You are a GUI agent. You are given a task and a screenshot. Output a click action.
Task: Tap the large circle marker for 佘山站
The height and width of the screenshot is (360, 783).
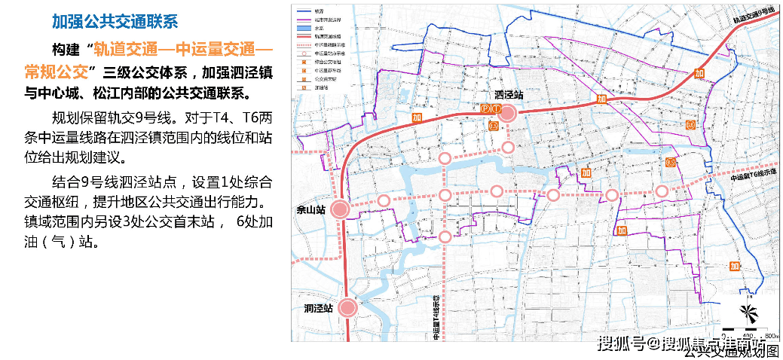coord(340,210)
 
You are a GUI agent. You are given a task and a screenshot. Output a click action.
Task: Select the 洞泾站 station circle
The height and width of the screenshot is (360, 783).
coord(347,307)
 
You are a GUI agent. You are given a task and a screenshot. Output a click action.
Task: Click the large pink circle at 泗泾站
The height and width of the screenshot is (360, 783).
coord(507,114)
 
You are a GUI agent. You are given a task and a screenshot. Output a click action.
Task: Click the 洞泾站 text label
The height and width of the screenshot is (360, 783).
coord(318,308)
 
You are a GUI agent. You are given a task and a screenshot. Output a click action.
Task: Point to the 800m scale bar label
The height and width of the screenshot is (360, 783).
coord(768,334)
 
